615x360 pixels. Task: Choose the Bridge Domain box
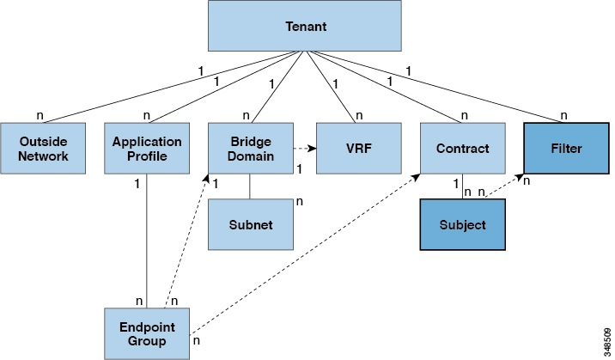pyautogui.click(x=249, y=149)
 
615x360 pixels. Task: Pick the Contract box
pyautogui.click(x=462, y=149)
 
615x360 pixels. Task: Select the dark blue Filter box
pyautogui.click(x=567, y=149)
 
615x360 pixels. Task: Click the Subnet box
pyautogui.click(x=249, y=224)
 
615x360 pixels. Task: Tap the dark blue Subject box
pyautogui.click(x=462, y=224)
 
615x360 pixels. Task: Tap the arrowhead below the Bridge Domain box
pyautogui.click(x=207, y=178)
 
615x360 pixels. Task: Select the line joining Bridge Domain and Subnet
pyautogui.click(x=249, y=187)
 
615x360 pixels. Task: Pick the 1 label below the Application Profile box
pyautogui.click(x=137, y=184)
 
